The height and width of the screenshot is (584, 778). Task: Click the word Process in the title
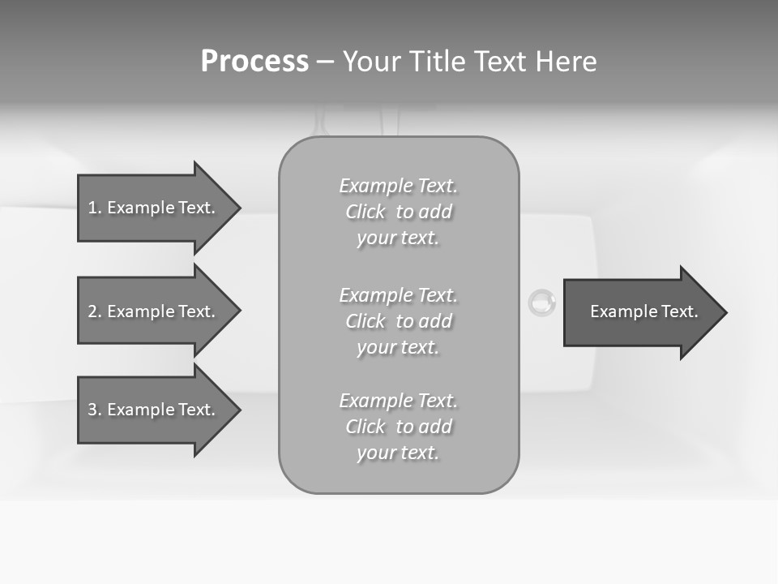point(254,62)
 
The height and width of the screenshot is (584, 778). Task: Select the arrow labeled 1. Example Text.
point(154,208)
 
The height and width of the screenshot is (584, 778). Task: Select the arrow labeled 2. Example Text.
point(154,311)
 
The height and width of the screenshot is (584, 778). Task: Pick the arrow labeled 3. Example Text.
point(154,410)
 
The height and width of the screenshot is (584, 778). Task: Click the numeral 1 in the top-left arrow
point(92,208)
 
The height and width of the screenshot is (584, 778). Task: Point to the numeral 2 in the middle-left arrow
point(92,311)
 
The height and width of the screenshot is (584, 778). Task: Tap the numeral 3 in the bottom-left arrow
point(92,410)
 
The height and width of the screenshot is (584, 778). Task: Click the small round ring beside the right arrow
point(542,304)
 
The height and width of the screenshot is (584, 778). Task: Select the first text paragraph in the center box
point(398,212)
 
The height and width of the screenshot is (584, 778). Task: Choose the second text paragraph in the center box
point(398,321)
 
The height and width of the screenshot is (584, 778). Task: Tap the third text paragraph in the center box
point(398,427)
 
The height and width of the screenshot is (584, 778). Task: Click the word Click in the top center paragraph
point(365,212)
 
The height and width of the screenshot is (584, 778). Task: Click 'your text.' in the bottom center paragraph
point(398,453)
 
